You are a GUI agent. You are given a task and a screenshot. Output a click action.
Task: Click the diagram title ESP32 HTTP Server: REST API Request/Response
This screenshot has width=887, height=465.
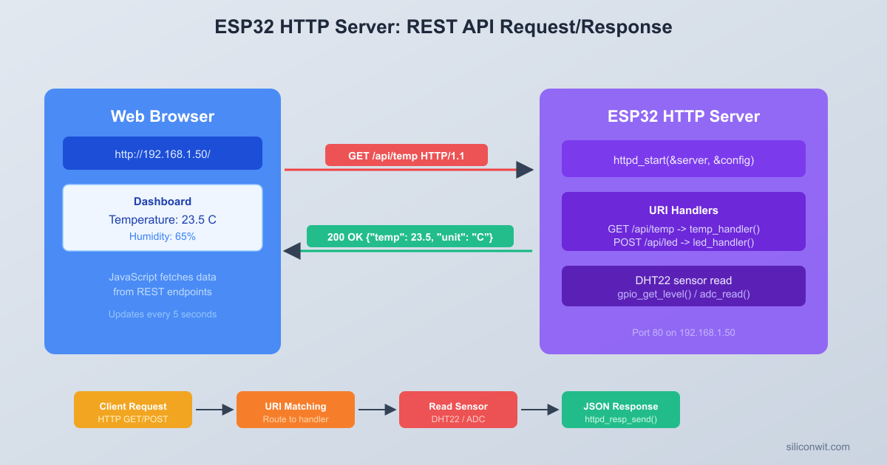[x=443, y=27]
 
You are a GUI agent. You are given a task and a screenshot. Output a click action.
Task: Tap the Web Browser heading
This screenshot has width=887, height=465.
[x=163, y=117]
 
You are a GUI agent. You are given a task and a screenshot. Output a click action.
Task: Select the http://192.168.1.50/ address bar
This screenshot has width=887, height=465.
[x=163, y=154]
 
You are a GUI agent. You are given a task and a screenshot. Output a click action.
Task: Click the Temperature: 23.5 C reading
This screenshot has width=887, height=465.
[x=163, y=220]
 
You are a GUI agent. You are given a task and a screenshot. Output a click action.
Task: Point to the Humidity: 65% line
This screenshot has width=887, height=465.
[x=163, y=237]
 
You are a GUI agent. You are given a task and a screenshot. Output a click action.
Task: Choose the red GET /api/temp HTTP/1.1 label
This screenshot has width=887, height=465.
[x=407, y=155]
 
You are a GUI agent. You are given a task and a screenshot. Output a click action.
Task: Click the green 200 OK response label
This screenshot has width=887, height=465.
[x=410, y=236]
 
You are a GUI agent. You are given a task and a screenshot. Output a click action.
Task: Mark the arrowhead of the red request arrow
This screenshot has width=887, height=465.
[x=525, y=170]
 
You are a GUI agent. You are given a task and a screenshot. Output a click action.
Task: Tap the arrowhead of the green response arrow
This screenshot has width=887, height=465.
[x=292, y=251]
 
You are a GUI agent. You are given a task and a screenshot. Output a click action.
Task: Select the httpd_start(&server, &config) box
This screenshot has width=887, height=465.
[x=684, y=159]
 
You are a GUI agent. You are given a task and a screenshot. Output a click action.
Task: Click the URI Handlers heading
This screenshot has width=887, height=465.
[x=684, y=210]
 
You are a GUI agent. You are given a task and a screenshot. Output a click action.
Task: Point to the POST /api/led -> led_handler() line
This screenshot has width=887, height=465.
[x=684, y=242]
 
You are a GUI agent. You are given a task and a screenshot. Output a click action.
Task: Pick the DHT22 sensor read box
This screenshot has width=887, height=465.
[x=684, y=286]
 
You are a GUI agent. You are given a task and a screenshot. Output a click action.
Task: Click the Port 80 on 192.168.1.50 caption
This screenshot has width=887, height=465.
[x=684, y=333]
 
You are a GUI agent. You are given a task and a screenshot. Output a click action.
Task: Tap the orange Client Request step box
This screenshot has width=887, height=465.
[x=133, y=410]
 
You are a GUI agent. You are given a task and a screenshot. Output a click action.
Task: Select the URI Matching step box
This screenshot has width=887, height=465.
[x=296, y=410]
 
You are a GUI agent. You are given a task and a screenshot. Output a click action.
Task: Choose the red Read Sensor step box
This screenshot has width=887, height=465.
[x=458, y=410]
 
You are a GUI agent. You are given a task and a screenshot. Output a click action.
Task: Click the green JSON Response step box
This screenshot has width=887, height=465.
[x=621, y=410]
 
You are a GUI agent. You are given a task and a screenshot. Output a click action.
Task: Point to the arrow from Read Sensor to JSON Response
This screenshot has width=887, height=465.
[x=540, y=410]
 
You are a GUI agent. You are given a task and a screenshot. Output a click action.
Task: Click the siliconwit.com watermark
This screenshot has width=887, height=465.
[x=818, y=447]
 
